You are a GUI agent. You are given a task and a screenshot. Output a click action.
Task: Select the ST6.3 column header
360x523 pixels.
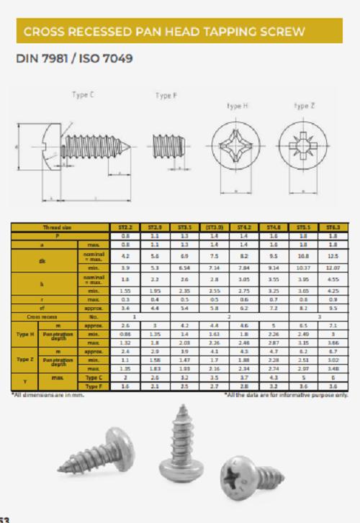(333, 227)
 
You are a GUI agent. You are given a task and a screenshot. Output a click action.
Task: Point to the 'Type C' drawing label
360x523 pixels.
(83, 94)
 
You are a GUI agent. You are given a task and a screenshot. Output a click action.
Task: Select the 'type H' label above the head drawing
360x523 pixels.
(238, 106)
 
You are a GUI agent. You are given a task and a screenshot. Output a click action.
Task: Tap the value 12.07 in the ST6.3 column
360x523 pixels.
(333, 265)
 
